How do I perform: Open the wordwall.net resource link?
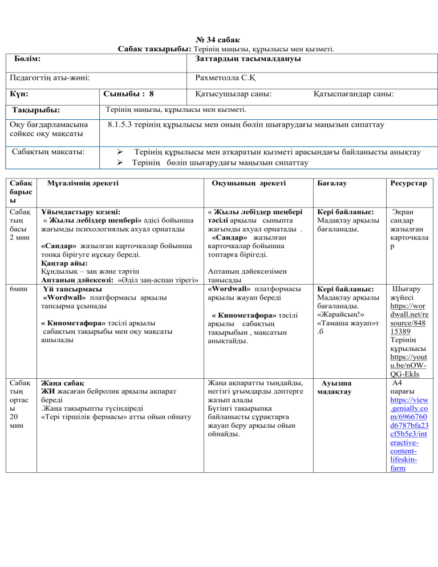coord(408,314)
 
